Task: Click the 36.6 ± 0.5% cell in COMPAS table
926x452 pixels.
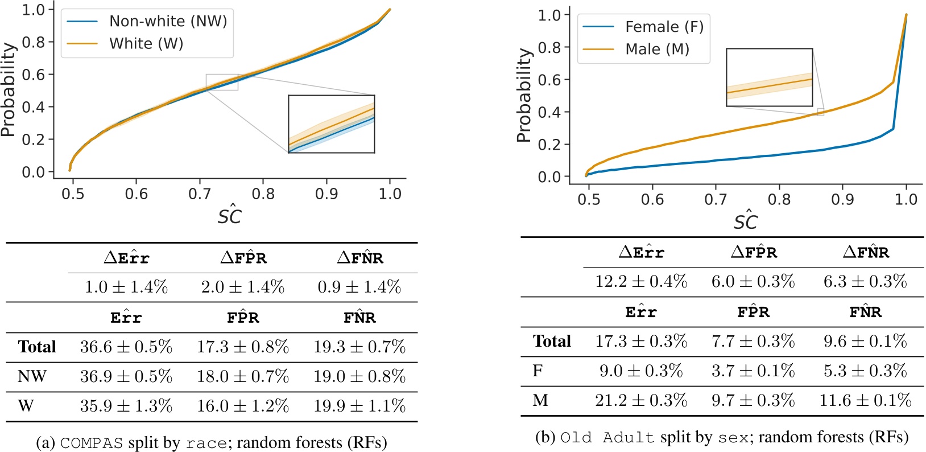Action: (x=126, y=347)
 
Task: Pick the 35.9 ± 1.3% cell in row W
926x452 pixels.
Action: (x=126, y=406)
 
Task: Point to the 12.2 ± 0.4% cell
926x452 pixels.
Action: (x=641, y=281)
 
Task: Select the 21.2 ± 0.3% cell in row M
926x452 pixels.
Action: (x=641, y=400)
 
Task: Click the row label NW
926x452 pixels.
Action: (x=32, y=376)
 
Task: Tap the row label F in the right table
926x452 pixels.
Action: (x=538, y=371)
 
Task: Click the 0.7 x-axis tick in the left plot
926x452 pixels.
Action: (x=199, y=194)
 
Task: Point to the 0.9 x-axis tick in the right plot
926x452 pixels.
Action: (x=842, y=199)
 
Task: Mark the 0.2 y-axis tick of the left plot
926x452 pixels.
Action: (x=33, y=139)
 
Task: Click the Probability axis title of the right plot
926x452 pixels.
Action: (x=524, y=95)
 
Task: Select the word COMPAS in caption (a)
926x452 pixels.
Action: (x=91, y=443)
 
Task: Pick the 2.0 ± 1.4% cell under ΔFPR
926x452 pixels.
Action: (x=243, y=287)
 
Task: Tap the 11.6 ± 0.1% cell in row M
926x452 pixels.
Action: (x=865, y=400)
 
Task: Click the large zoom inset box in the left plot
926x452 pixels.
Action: (x=331, y=124)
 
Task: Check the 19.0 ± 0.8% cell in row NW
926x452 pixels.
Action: (x=359, y=376)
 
